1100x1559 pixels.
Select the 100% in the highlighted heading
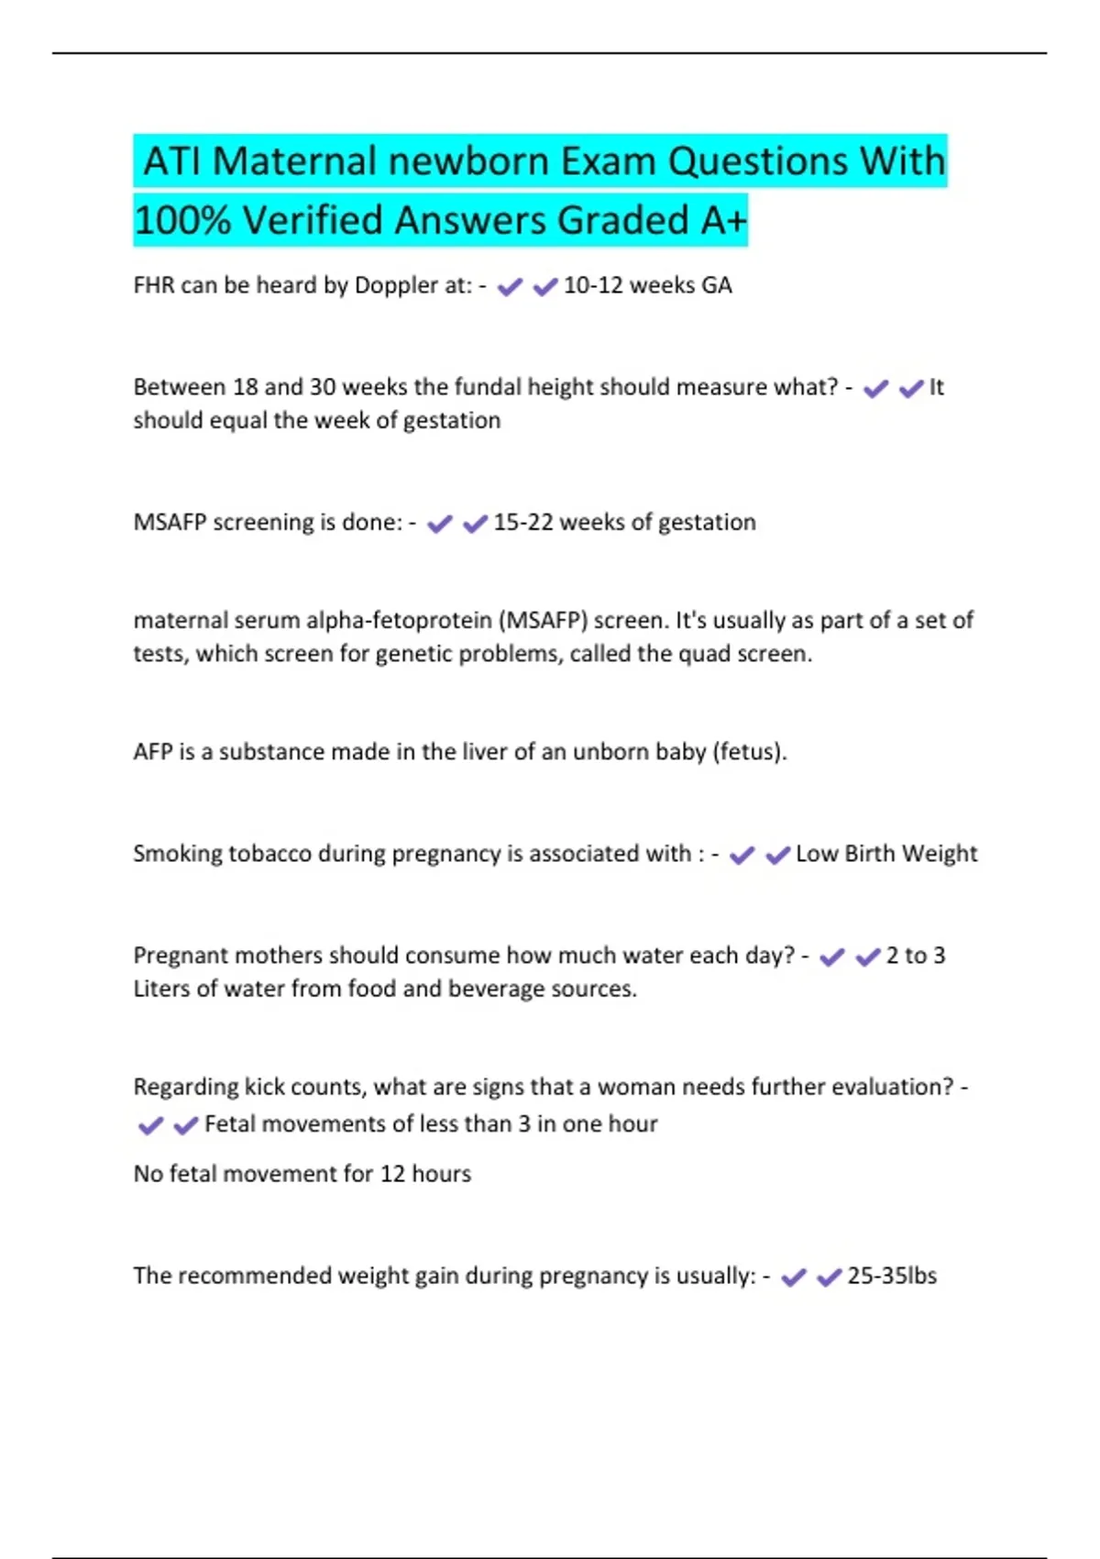click(x=181, y=220)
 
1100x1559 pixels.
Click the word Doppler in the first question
click(x=396, y=285)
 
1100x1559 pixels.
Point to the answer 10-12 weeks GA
click(x=647, y=285)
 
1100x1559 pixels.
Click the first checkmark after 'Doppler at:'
click(x=509, y=287)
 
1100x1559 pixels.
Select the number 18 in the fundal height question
click(x=246, y=387)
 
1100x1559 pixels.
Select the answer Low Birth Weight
click(x=886, y=854)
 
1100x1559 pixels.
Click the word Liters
click(x=161, y=989)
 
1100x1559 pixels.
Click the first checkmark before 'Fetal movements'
click(x=150, y=1125)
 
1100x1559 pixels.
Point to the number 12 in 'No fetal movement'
click(x=392, y=1174)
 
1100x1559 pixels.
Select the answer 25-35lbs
click(x=892, y=1276)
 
